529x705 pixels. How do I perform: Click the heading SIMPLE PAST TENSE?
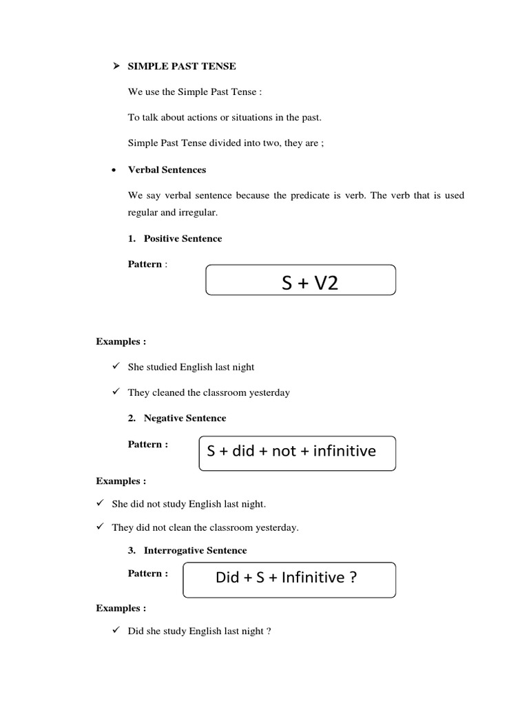click(x=182, y=66)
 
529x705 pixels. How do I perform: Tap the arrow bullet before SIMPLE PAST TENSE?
click(x=116, y=66)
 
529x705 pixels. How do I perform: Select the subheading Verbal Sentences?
click(x=167, y=169)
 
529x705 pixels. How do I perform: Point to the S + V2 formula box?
click(x=301, y=281)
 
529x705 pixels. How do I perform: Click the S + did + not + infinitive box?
click(x=297, y=452)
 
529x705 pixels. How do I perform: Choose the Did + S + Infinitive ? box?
click(x=289, y=579)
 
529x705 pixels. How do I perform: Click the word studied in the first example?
click(x=163, y=367)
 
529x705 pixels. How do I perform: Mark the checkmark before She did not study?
click(x=100, y=503)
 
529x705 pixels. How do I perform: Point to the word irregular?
click(x=200, y=213)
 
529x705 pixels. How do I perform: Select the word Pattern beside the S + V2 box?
click(x=145, y=264)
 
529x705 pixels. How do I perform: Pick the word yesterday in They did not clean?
click(x=276, y=528)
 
